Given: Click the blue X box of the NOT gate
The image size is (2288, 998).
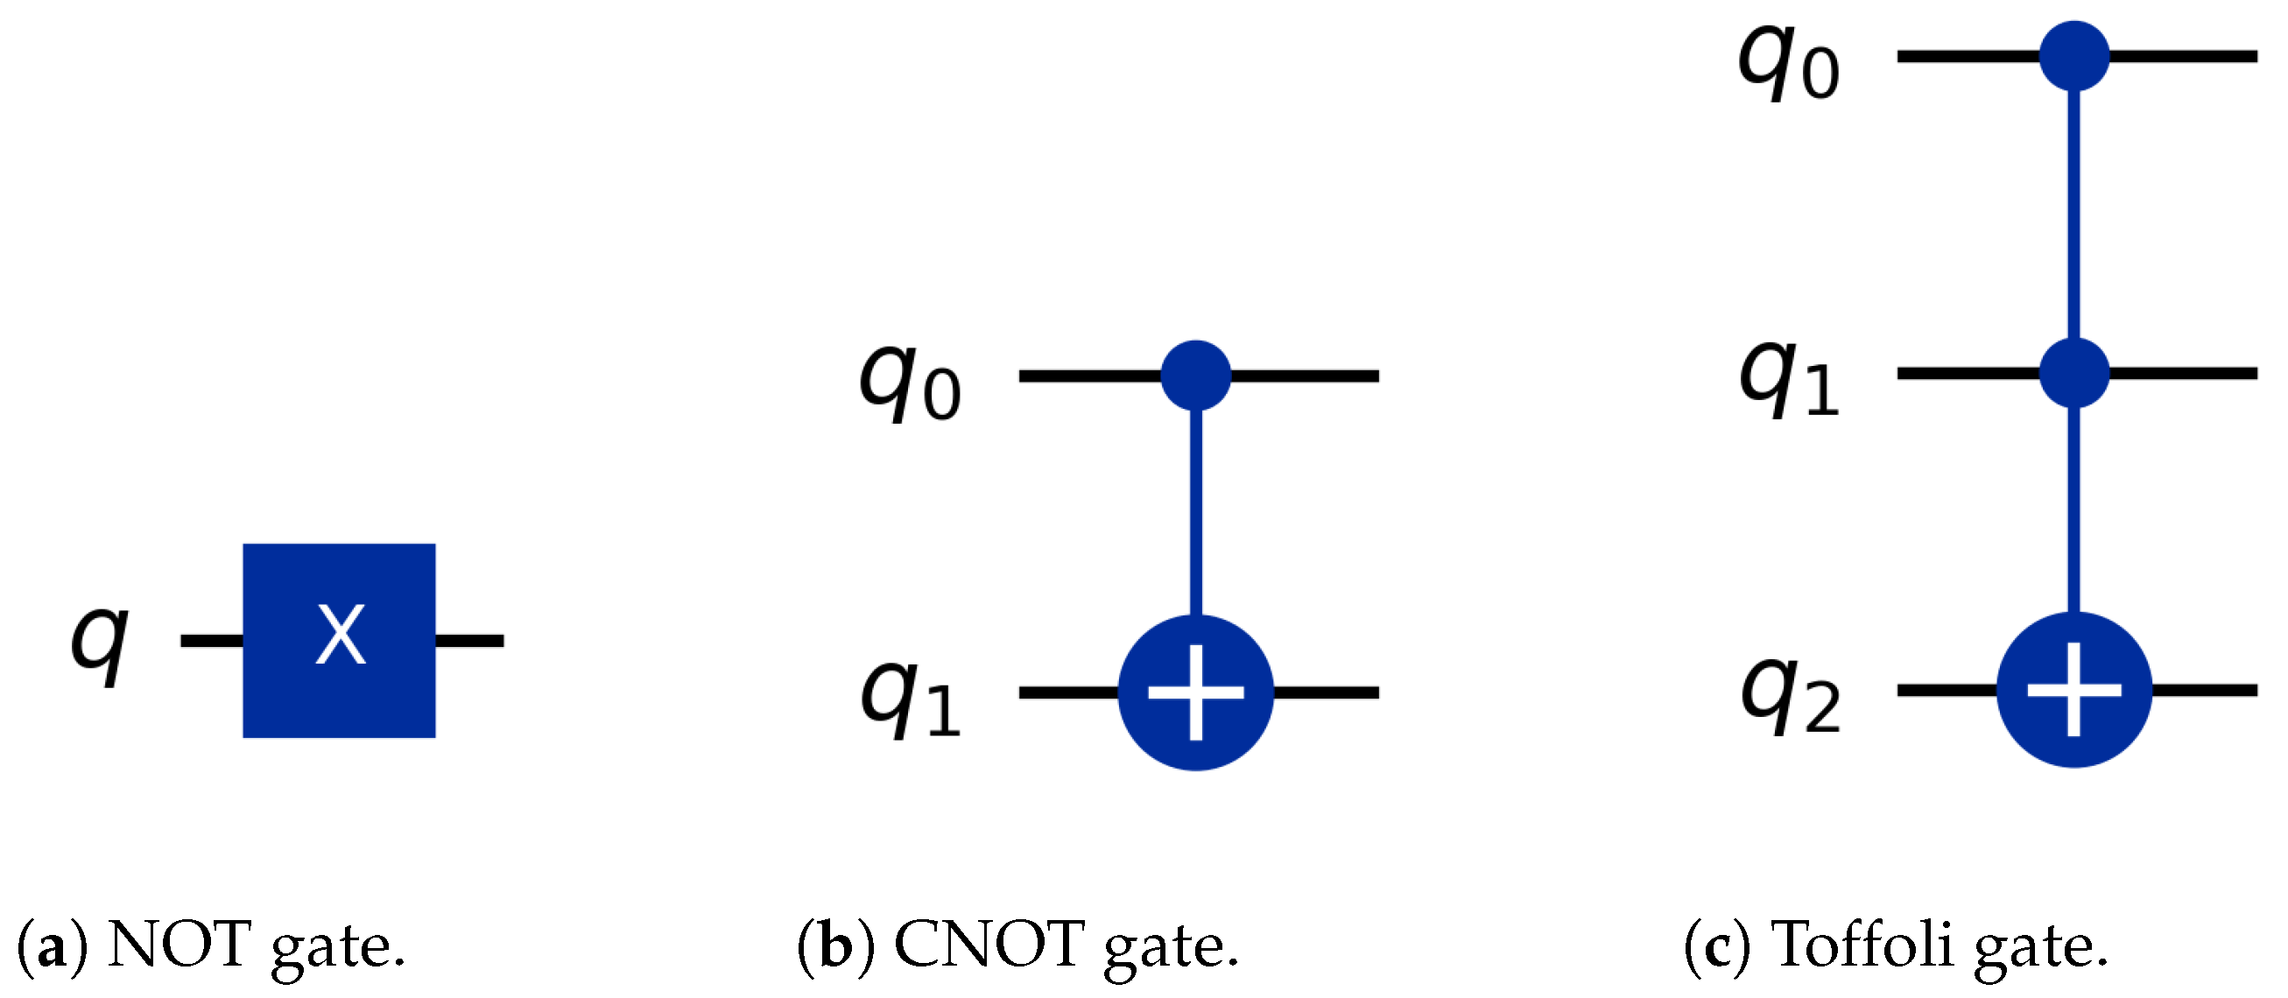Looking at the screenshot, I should (x=339, y=640).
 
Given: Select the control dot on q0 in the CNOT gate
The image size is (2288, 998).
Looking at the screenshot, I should (x=1195, y=376).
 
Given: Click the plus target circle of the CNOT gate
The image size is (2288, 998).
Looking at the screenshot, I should (x=1195, y=692).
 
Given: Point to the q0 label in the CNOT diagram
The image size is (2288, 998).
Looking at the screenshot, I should (x=909, y=383).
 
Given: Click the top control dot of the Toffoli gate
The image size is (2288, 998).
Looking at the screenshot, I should (x=2074, y=56).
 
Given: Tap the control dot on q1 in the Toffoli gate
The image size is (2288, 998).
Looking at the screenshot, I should (x=2074, y=374).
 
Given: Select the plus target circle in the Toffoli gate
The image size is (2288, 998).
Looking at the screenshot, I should (x=2074, y=690).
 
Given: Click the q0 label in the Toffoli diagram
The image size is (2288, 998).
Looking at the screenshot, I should (x=1788, y=64).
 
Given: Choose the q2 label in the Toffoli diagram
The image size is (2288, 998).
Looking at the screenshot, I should (x=1791, y=698).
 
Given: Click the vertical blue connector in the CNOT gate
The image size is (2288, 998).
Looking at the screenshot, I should (x=1195, y=515).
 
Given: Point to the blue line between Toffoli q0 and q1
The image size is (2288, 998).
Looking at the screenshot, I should (x=2074, y=213).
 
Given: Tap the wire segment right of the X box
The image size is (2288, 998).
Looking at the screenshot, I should (x=469, y=640).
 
